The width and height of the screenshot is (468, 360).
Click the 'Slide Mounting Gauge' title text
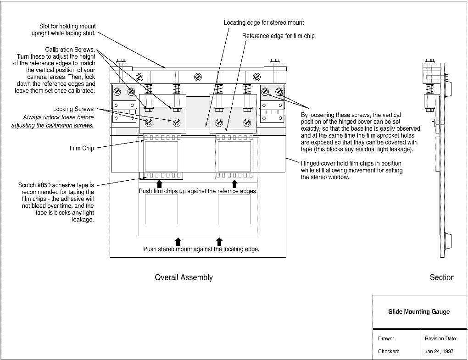419,312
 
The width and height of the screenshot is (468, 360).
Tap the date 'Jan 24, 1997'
439,351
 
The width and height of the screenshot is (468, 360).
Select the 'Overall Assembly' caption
184,277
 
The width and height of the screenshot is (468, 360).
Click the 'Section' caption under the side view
442,277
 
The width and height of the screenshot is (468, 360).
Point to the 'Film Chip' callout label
82,148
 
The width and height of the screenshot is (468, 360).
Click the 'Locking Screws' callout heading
73,109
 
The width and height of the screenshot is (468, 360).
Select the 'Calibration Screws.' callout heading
70,50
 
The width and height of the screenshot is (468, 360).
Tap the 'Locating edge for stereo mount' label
264,22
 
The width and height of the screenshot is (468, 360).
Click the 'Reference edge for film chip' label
278,36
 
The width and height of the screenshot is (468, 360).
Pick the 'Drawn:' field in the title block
386,338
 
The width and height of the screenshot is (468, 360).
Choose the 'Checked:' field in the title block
388,351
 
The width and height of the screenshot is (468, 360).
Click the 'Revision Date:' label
441,338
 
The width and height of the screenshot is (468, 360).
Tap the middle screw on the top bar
198,77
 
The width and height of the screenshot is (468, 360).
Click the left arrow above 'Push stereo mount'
178,242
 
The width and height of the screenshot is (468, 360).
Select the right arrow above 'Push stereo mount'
219,242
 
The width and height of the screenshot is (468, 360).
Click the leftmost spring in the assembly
148,89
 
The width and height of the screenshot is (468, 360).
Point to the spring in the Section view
430,89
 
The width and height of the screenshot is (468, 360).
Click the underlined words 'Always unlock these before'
58,117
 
